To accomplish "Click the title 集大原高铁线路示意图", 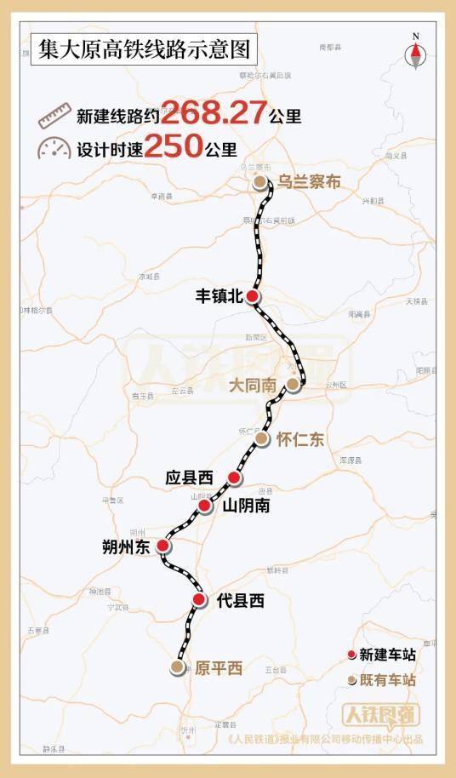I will [142, 49].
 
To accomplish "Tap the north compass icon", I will [415, 52].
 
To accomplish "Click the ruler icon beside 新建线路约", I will [54, 114].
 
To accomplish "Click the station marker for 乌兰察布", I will [259, 182].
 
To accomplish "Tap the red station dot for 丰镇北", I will [253, 295].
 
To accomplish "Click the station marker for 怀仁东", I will [261, 439].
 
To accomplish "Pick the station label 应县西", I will [189, 478].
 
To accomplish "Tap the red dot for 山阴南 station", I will [204, 506].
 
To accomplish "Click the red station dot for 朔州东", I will [163, 546].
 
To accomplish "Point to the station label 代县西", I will [241, 601].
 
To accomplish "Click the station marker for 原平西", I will [177, 668].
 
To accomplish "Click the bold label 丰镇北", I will [219, 295].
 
